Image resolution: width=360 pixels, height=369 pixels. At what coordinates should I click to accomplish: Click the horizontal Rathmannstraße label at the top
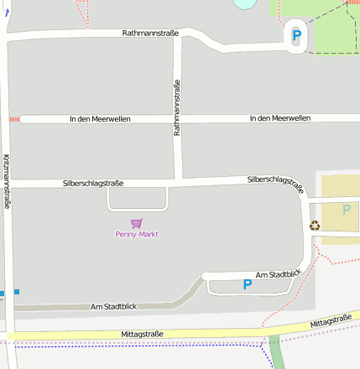pos(150,34)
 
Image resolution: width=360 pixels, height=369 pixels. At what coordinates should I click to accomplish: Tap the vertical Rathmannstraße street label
pos(177,107)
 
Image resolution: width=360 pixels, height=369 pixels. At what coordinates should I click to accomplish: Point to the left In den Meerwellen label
pos(100,120)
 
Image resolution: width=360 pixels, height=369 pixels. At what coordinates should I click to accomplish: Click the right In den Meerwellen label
pos(279,118)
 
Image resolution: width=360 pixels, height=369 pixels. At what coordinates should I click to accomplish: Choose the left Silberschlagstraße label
pos(93,183)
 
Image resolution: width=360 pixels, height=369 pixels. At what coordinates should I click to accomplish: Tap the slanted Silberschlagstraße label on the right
pos(275,184)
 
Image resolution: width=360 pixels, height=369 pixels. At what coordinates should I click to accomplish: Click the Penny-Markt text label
pos(137,235)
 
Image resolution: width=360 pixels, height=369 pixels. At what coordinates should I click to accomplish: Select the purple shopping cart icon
pos(137,223)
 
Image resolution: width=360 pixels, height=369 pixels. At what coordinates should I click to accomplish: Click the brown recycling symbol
pos(315,225)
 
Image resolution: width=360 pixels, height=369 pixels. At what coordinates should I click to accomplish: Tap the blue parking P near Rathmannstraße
pos(296,36)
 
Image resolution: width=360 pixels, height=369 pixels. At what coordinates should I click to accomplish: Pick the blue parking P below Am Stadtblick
pos(247,285)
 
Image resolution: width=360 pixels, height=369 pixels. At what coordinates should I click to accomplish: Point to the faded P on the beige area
pos(346,210)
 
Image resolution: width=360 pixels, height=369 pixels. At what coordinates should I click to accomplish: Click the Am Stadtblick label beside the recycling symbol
pos(278,274)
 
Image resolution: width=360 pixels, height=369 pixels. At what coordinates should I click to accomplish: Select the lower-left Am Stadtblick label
pos(113,307)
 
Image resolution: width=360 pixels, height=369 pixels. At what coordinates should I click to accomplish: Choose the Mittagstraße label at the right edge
pos(330,320)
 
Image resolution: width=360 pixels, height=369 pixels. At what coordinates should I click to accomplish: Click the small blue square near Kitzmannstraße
pos(16,292)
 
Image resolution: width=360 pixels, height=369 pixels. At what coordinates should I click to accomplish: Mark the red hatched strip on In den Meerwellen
pos(14,120)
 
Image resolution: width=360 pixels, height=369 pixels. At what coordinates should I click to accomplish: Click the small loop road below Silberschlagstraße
pos(138,208)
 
